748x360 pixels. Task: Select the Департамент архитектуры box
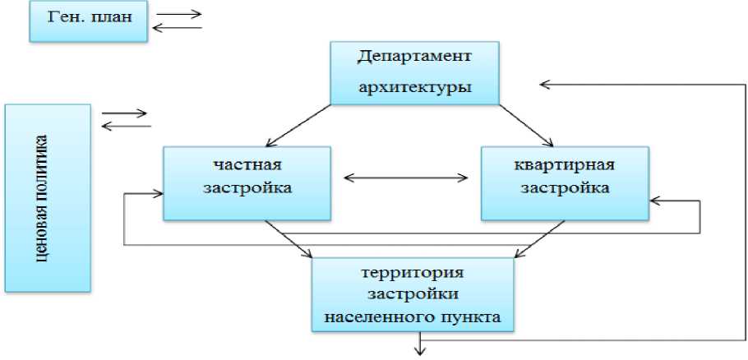(414, 72)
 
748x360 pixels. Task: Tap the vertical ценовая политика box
(47, 197)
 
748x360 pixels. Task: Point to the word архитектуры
(414, 88)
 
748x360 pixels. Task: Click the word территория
(416, 272)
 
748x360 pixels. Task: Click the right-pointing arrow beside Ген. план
(178, 14)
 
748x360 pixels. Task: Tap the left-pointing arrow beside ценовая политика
(125, 126)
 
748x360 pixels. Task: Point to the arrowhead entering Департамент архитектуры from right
(545, 83)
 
